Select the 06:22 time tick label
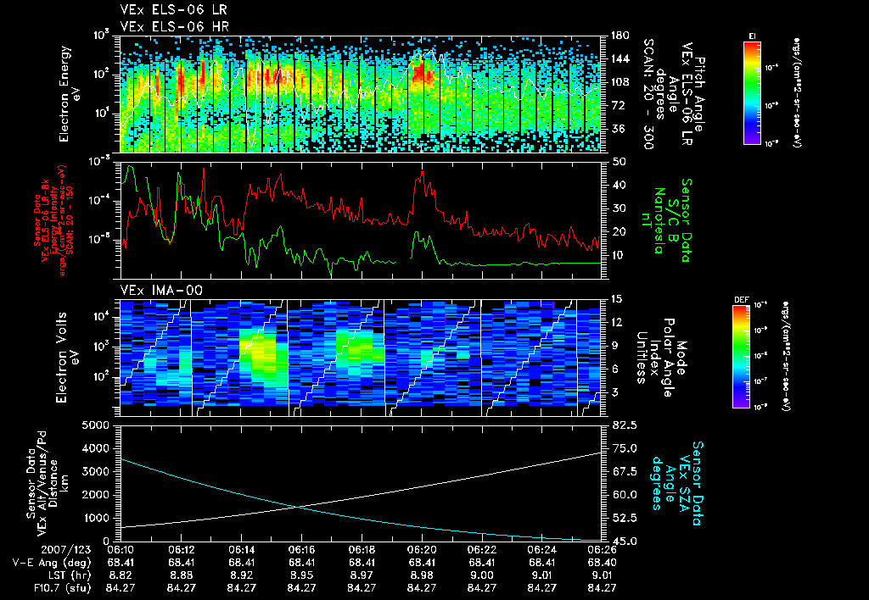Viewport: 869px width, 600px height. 482,550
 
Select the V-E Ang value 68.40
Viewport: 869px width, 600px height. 602,562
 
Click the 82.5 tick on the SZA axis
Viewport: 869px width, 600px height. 618,425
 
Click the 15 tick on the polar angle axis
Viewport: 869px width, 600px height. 617,299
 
